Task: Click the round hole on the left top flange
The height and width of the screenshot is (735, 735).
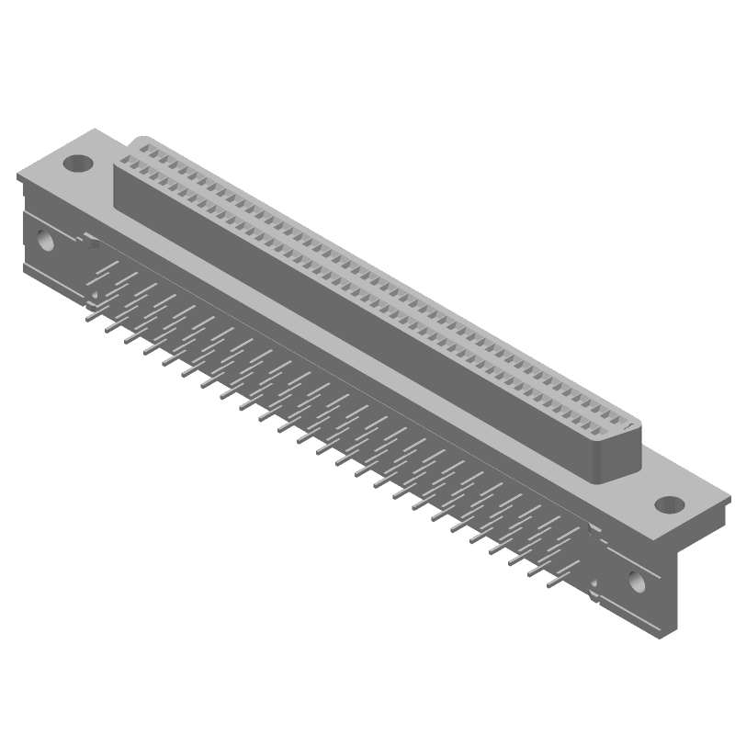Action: click(x=78, y=164)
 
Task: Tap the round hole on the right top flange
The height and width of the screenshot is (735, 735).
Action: click(x=669, y=504)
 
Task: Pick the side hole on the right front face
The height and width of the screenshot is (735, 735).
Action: click(x=634, y=581)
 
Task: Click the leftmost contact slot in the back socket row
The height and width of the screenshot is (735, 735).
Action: click(x=142, y=147)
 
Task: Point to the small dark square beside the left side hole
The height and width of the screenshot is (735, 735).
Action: click(x=91, y=245)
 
